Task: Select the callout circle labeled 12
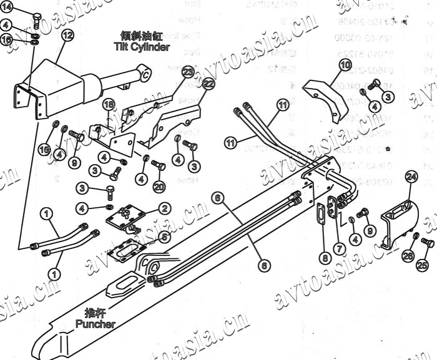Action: [x=67, y=35]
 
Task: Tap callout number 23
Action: [x=188, y=73]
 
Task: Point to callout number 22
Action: [x=209, y=83]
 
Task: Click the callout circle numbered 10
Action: [x=345, y=64]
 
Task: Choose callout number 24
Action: [x=411, y=177]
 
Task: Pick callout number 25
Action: [x=423, y=266]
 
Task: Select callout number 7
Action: [x=340, y=248]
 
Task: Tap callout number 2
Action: [x=164, y=208]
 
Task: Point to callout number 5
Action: [x=164, y=236]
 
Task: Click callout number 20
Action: [x=159, y=186]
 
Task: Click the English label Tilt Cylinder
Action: [x=141, y=47]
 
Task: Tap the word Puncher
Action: [x=95, y=324]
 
